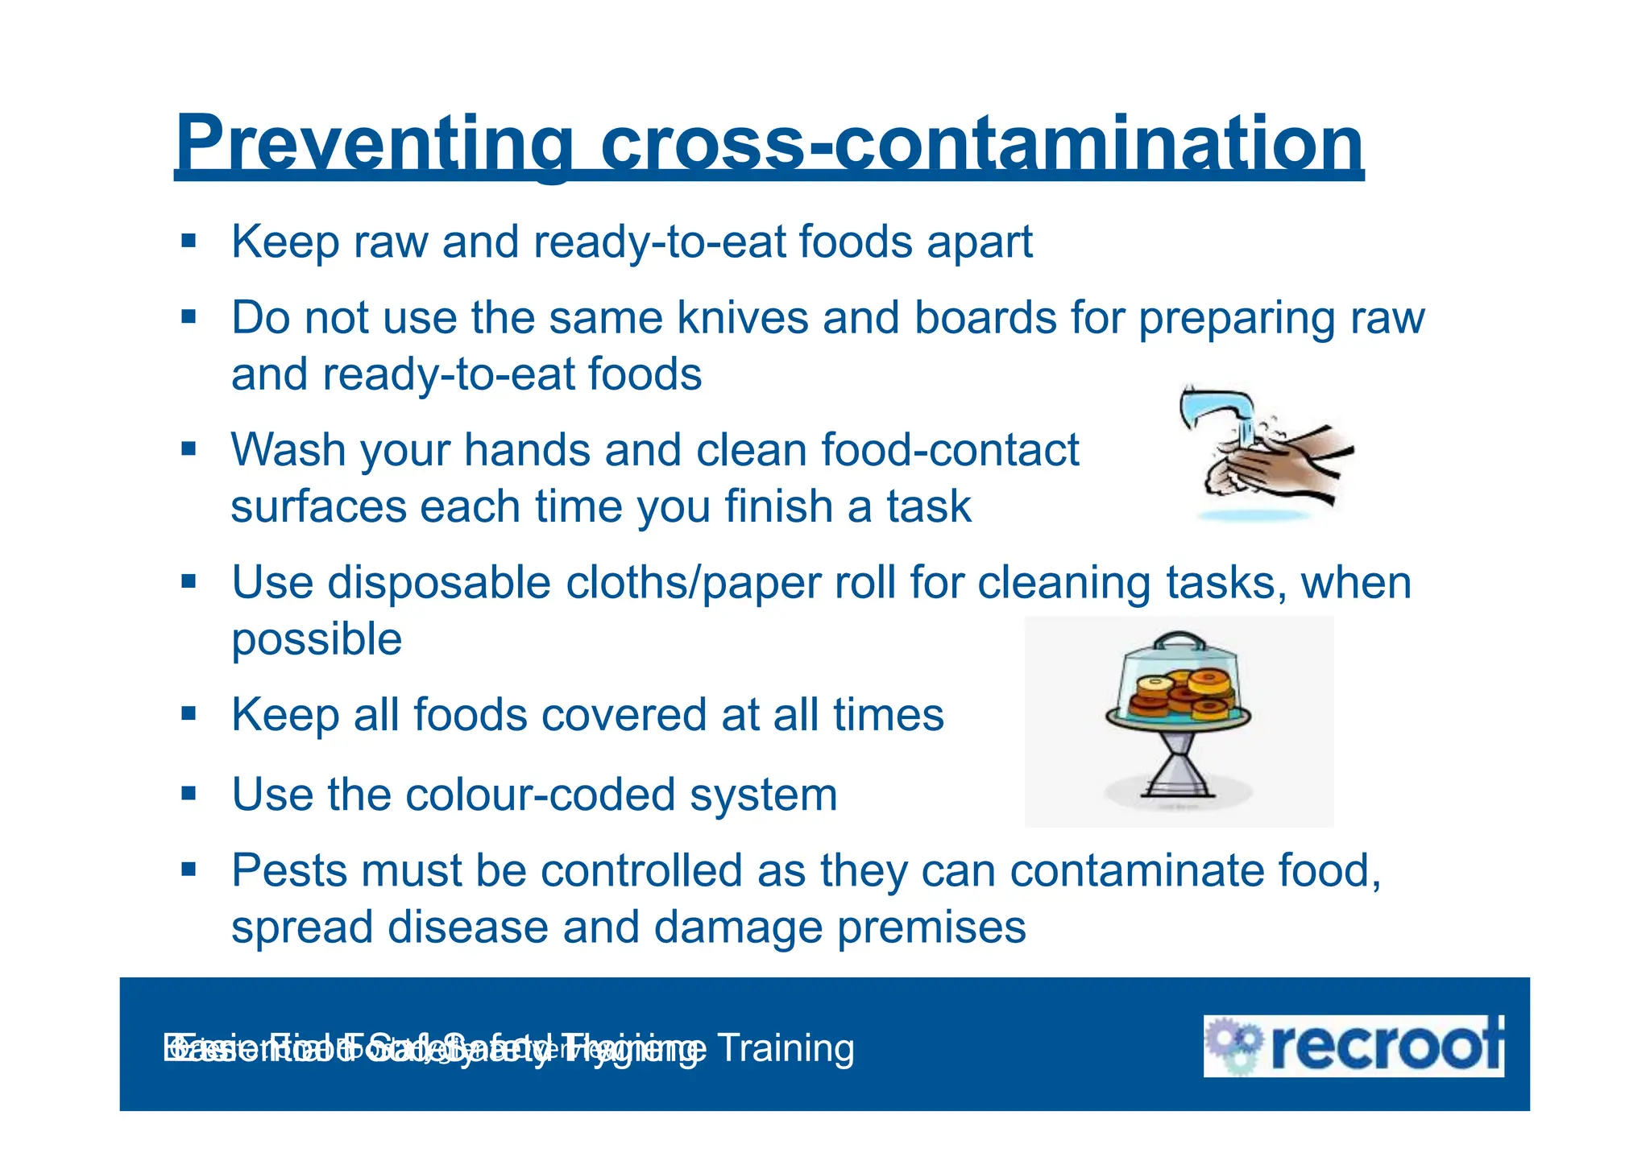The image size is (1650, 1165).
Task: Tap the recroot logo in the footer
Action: click(1354, 1046)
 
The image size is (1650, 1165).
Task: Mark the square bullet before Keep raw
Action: click(189, 241)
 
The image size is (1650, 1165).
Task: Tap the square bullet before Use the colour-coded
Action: click(189, 794)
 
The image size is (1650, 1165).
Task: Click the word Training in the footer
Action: click(785, 1048)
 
